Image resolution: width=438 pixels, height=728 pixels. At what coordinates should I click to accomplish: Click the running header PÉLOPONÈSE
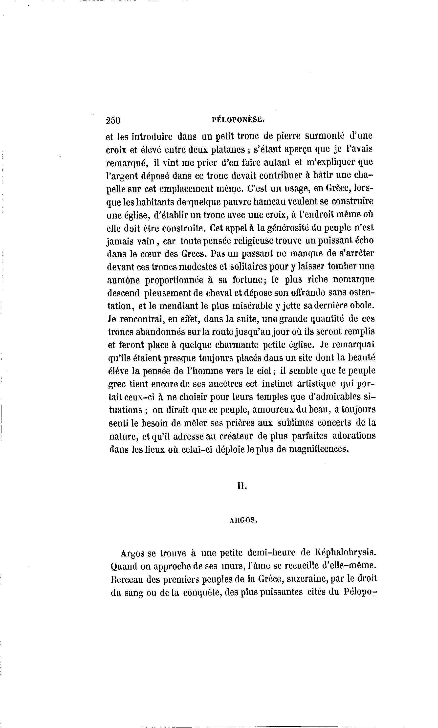coord(239,119)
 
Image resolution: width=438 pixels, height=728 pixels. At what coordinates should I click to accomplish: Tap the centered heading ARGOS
coord(243,521)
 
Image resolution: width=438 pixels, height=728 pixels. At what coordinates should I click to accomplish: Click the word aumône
coord(123,280)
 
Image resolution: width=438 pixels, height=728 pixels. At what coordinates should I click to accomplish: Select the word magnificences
coord(319,449)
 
